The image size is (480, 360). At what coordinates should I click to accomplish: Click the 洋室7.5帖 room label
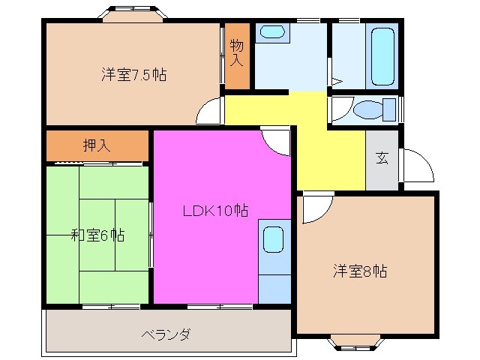(x=134, y=75)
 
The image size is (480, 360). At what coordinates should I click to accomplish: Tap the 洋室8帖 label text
(x=360, y=271)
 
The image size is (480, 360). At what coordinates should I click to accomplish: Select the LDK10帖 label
(x=216, y=211)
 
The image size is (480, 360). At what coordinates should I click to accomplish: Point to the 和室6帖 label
(x=98, y=235)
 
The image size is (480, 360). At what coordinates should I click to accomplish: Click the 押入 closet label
(x=97, y=145)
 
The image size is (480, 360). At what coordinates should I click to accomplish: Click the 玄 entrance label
(x=382, y=158)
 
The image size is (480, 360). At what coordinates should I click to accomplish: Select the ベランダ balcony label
(x=165, y=334)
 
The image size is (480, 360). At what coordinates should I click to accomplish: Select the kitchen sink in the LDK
(x=273, y=241)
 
